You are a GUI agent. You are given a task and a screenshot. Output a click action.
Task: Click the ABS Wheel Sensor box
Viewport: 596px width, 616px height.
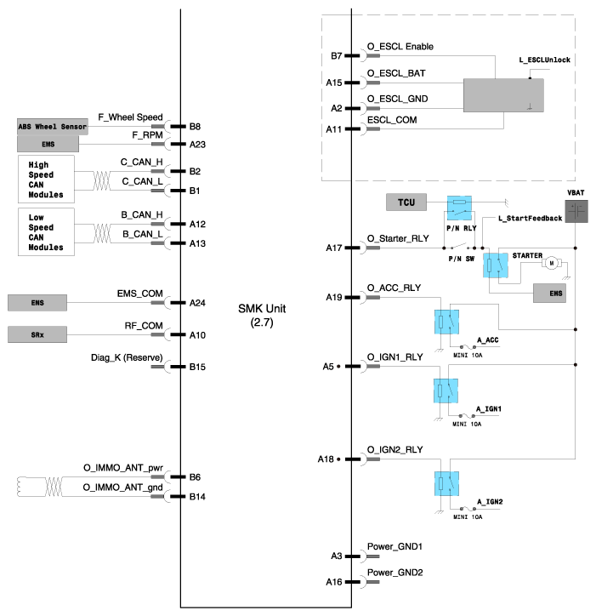(52, 127)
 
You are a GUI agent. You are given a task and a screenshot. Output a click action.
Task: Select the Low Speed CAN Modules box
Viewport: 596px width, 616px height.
(46, 231)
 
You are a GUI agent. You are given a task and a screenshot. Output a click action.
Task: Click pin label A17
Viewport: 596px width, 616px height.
(335, 248)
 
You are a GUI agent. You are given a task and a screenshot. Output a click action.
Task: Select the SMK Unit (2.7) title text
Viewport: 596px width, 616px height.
(266, 316)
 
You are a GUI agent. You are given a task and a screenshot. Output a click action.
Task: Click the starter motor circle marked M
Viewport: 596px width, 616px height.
(550, 264)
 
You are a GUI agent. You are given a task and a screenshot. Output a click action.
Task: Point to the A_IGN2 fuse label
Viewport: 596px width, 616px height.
(490, 503)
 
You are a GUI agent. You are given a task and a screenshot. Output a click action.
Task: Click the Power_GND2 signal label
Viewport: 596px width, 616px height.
(394, 573)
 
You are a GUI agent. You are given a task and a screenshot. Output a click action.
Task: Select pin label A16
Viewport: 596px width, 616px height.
(335, 582)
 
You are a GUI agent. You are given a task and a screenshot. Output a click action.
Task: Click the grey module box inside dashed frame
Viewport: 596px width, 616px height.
(503, 95)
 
